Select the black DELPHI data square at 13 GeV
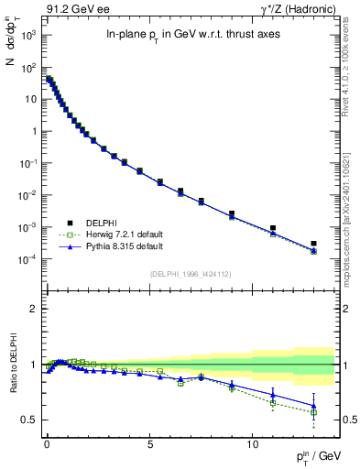[x=313, y=244]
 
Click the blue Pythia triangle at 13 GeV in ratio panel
[x=313, y=405]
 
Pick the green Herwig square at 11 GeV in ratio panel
[x=273, y=403]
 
